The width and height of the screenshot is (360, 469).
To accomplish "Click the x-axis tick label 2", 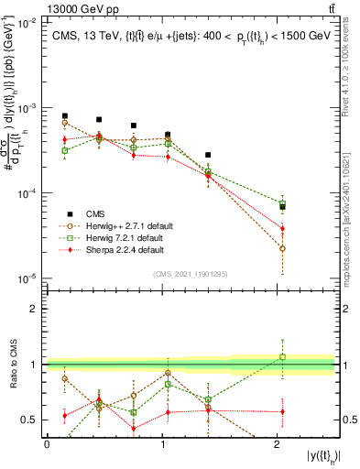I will click(278, 443).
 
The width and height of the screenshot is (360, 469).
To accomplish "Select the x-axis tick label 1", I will click(162, 443).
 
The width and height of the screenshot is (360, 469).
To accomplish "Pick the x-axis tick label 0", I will click(47, 443).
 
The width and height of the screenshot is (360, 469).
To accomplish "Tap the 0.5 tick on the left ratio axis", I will click(34, 420).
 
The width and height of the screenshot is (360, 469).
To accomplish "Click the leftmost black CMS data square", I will click(64, 116).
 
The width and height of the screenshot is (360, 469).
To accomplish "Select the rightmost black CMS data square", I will click(282, 206).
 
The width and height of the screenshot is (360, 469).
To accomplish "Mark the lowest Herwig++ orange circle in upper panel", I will click(282, 248).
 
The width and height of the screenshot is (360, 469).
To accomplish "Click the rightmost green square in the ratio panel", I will click(282, 357).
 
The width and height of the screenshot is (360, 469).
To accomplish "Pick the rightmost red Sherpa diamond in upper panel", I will click(282, 228).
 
